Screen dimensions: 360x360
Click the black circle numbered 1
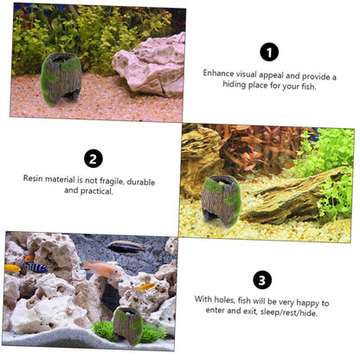(269, 52)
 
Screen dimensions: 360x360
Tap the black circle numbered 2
(93, 158)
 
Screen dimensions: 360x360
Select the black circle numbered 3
(262, 280)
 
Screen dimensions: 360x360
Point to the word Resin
(33, 178)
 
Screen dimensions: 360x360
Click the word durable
(141, 182)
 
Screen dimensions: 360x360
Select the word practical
(97, 191)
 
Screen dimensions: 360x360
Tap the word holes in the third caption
(224, 299)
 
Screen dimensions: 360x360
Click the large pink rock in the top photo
(150, 67)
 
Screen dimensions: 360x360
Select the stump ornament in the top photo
(61, 78)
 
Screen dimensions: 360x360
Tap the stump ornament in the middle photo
(222, 200)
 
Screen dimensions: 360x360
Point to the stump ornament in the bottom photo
(128, 325)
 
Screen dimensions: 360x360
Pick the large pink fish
(102, 269)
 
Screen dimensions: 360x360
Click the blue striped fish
(35, 267)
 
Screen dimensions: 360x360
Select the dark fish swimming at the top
(127, 247)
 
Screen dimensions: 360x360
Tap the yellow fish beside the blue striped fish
(13, 268)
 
